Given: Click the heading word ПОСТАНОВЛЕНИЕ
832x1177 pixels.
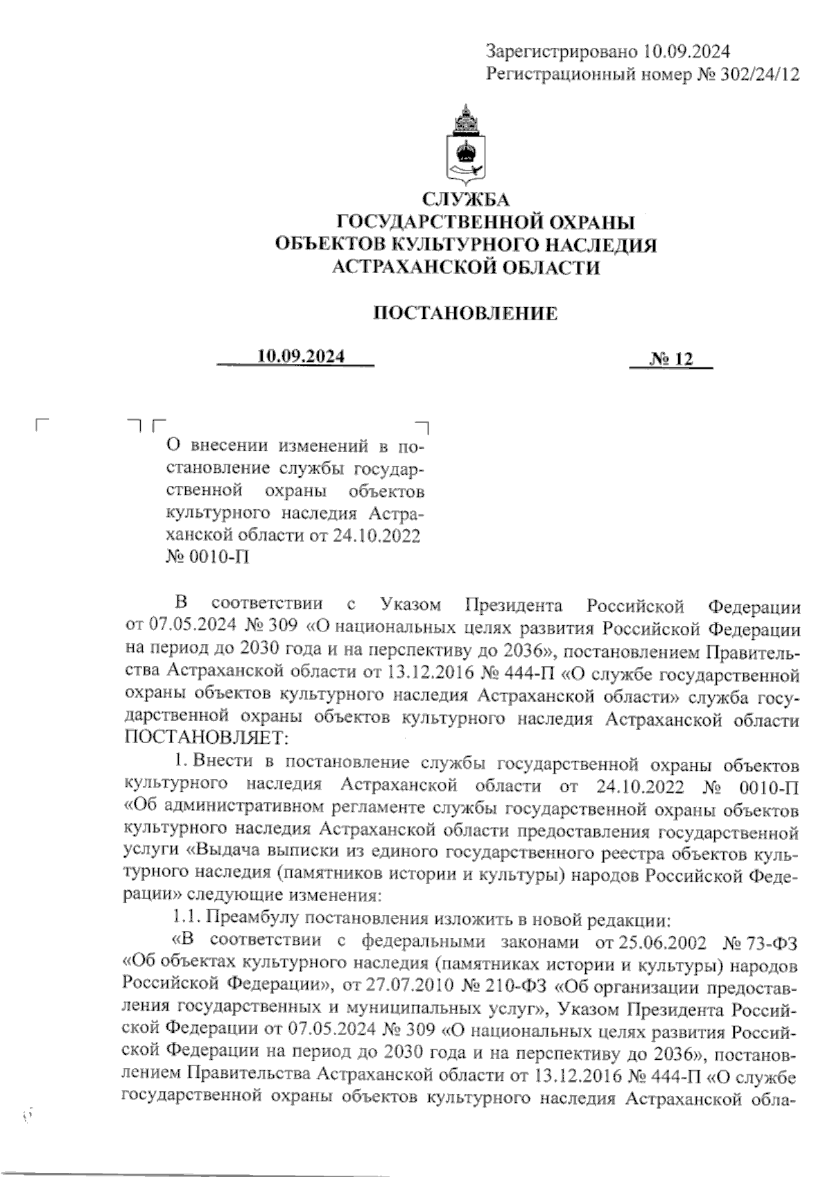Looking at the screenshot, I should (466, 313).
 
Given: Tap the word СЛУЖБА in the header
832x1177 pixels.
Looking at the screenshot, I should (466, 200).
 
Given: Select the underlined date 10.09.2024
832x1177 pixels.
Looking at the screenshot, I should (301, 357).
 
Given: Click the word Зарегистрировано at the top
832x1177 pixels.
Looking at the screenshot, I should (561, 51).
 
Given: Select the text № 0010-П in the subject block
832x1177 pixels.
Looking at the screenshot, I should (207, 558).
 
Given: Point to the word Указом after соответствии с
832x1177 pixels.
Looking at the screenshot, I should (410, 605).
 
